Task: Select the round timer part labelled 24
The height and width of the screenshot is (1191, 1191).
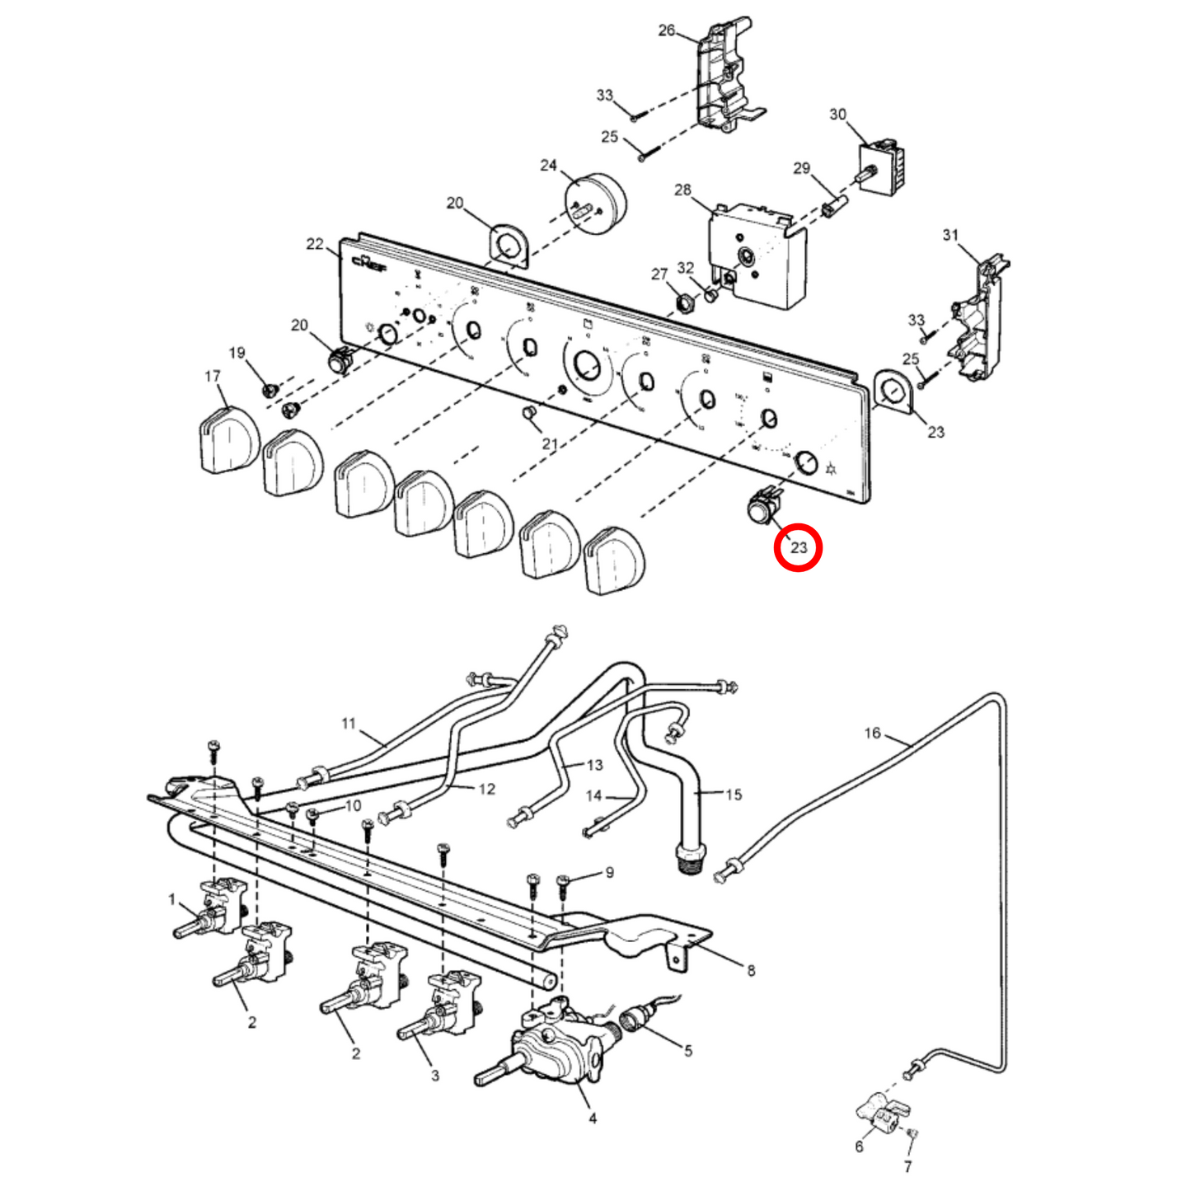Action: coord(595,203)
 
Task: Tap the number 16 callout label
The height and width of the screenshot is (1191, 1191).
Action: coord(872,733)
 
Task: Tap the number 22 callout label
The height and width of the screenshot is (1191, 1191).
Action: coord(315,244)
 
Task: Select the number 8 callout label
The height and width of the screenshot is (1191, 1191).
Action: coord(750,970)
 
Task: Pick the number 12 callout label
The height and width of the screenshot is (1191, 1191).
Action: coord(486,789)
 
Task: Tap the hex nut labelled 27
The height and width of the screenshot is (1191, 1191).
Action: coord(684,302)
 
